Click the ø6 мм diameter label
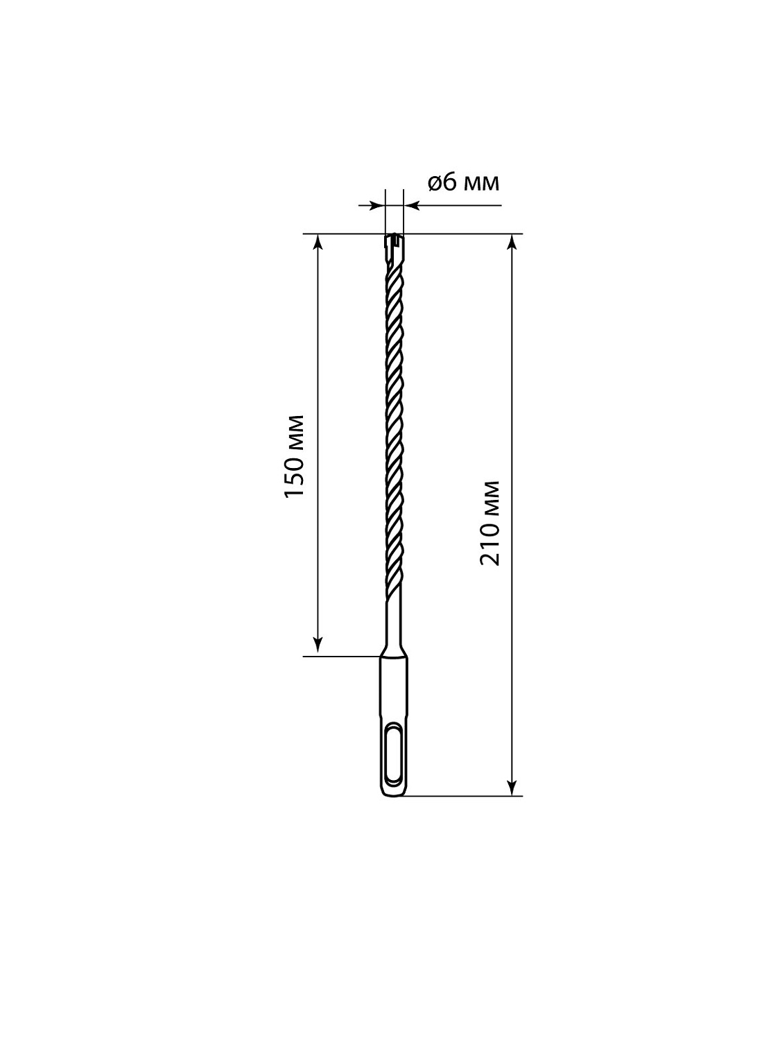click(463, 182)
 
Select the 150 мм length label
click(294, 456)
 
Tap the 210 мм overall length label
click(489, 523)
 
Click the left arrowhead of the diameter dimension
click(377, 205)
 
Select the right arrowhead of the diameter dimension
click(412, 205)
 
